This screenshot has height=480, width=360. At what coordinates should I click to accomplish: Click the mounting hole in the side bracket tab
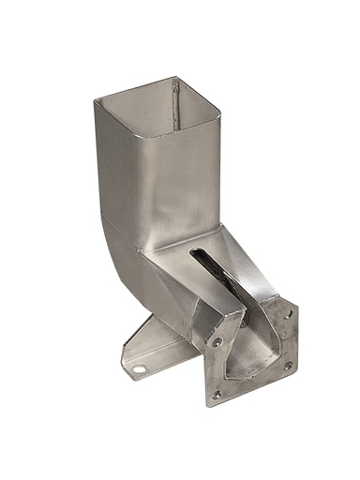click(139, 368)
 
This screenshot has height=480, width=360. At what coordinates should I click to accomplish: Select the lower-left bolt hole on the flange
click(217, 395)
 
